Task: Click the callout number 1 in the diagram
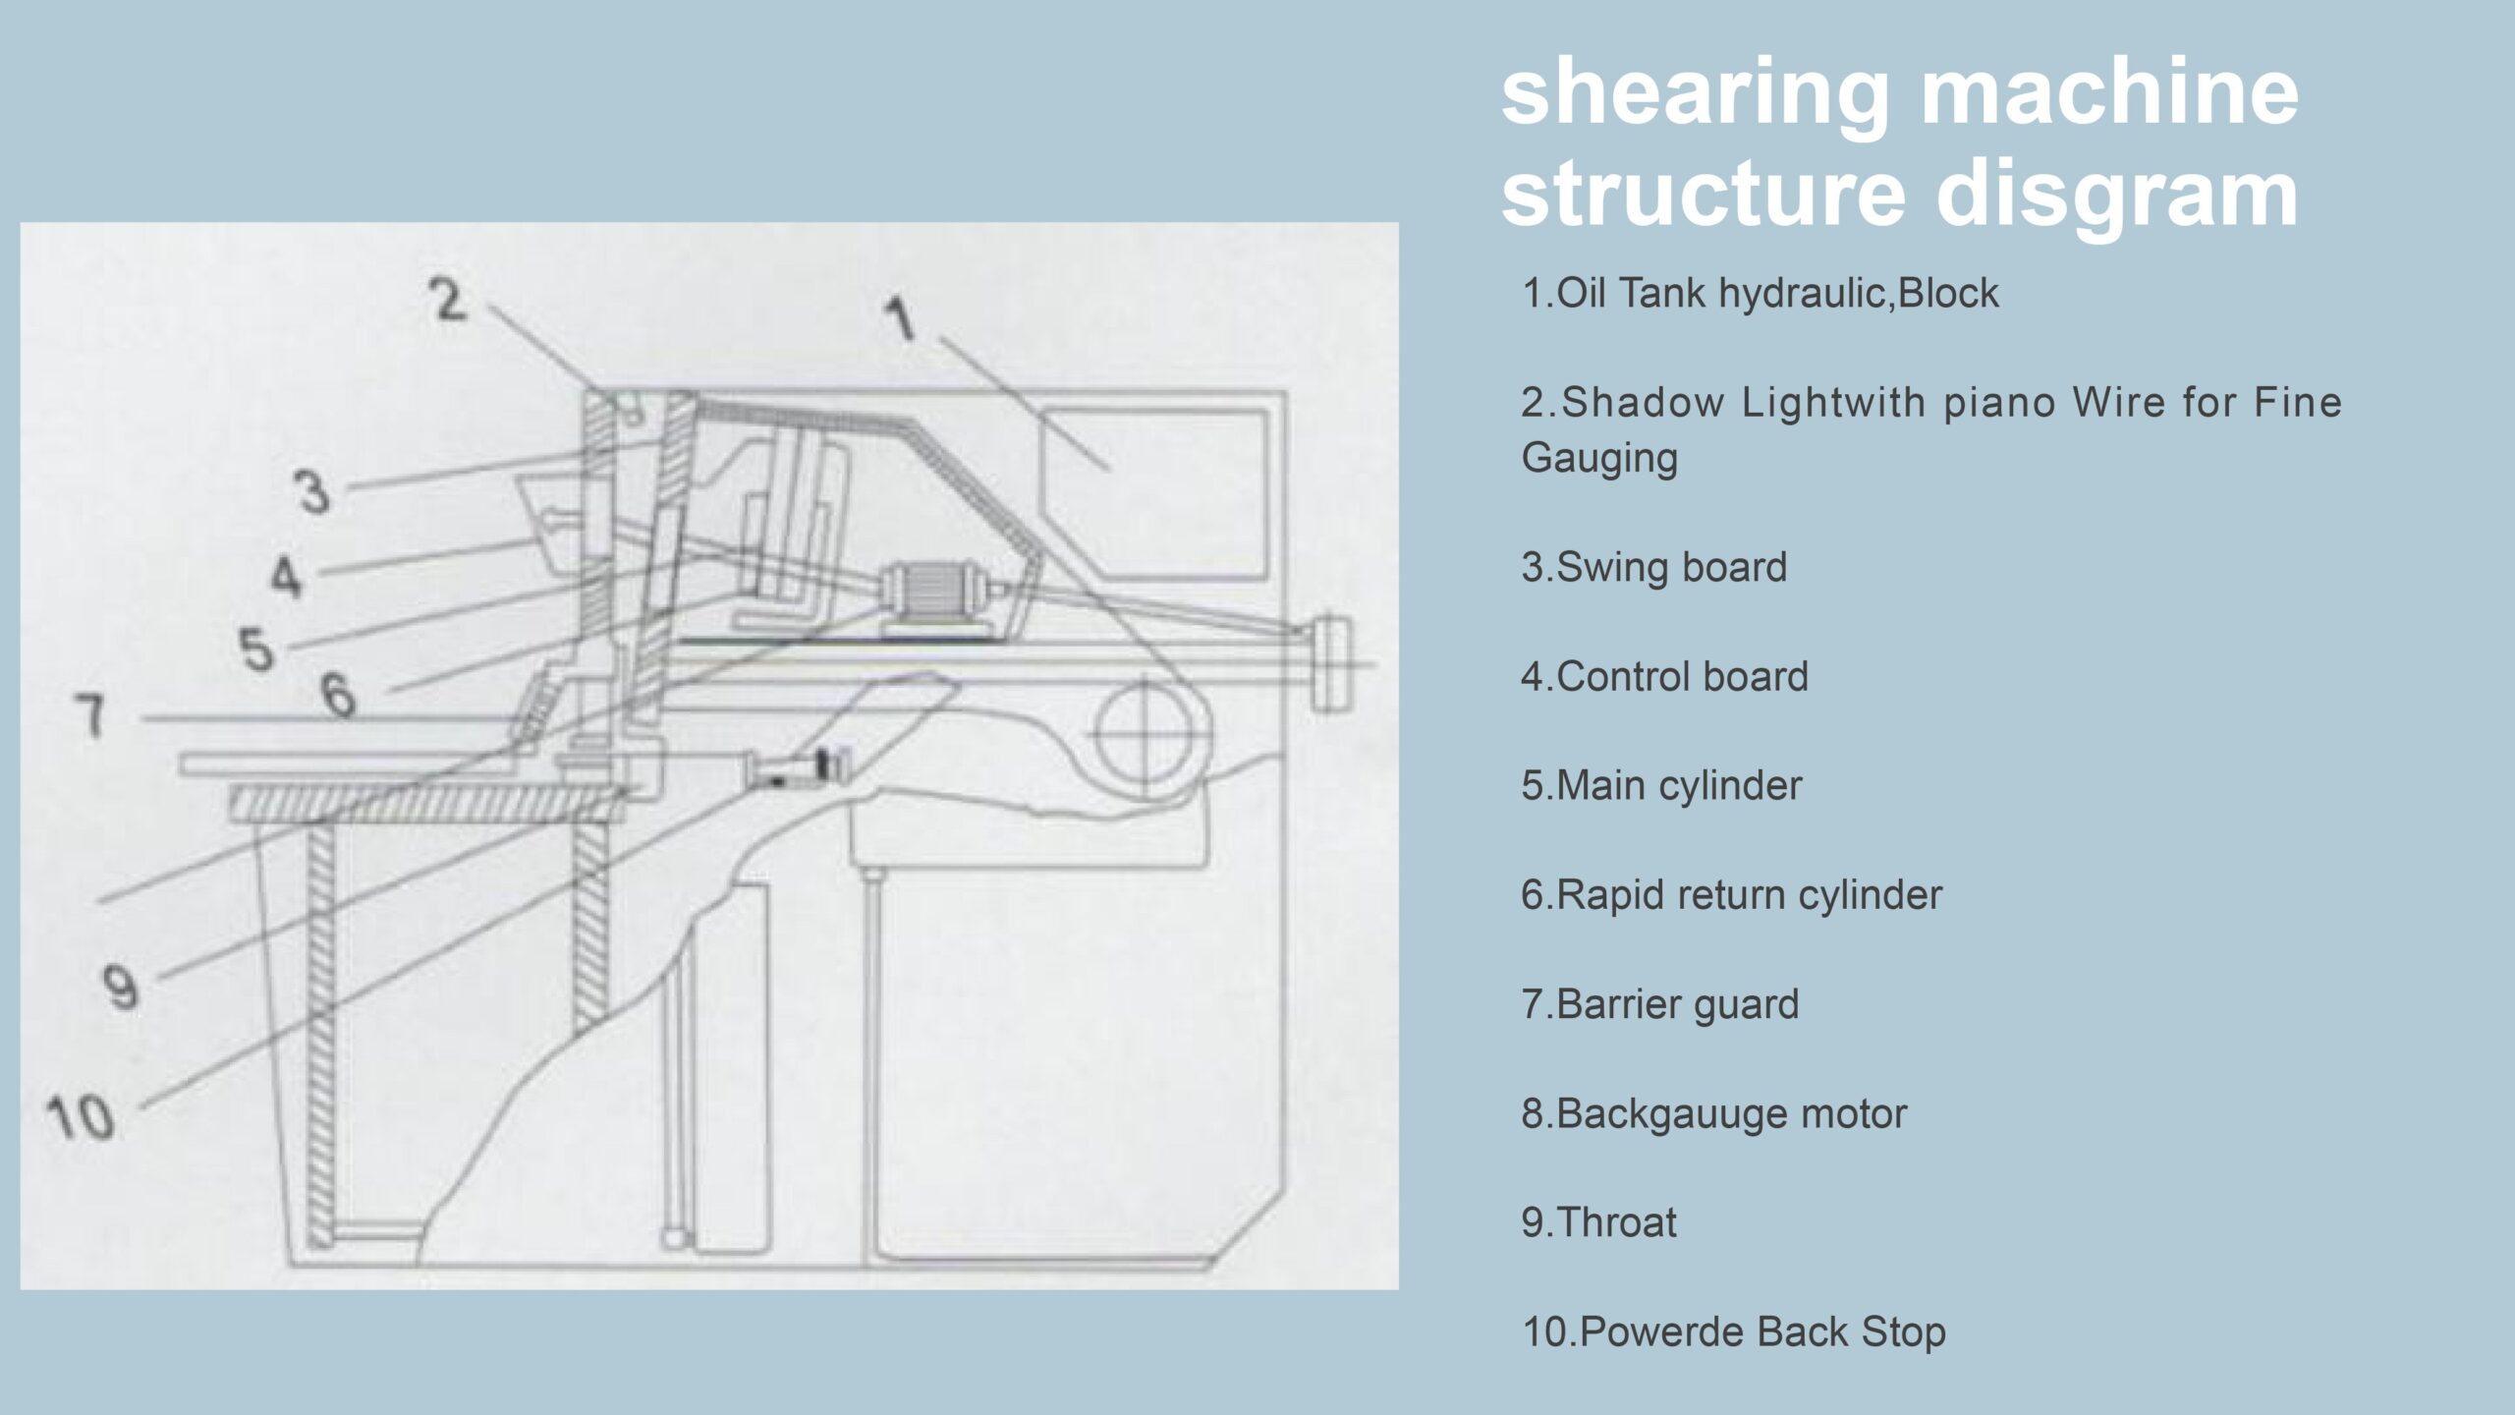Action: tap(901, 320)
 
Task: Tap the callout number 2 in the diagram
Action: tap(449, 300)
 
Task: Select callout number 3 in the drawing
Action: tap(313, 491)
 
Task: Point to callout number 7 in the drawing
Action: tap(90, 714)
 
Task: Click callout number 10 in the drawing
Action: tap(81, 1118)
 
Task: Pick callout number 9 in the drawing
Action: tap(121, 988)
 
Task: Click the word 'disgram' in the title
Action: tap(2116, 195)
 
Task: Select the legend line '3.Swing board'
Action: tap(1653, 568)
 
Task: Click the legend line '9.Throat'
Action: tap(1598, 1222)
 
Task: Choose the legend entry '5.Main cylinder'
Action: tap(1661, 786)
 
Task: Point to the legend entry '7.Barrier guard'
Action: tap(1659, 1004)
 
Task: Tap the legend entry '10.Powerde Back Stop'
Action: tap(1733, 1332)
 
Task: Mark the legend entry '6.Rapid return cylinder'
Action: tap(1731, 895)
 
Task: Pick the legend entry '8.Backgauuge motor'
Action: tap(1713, 1114)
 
